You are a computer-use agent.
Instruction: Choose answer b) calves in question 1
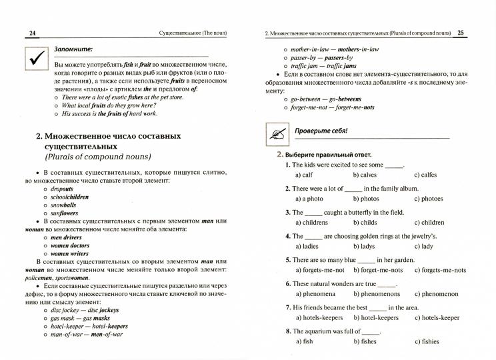[x=365, y=175]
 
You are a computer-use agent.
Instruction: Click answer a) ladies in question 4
[x=307, y=246]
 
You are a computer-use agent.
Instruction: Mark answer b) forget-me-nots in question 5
[x=377, y=270]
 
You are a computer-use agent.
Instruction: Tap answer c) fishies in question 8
[x=427, y=342]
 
